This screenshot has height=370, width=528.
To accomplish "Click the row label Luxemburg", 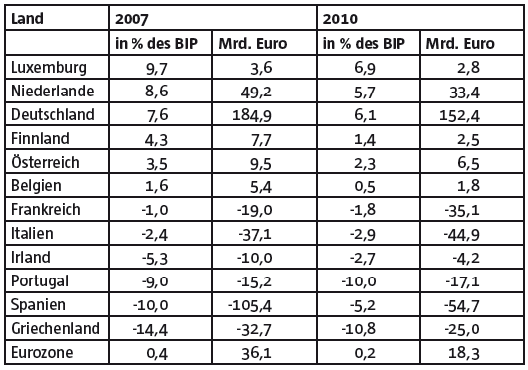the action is (49, 68).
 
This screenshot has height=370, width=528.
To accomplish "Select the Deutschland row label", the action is (53, 114).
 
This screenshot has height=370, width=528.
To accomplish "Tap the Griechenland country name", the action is (55, 329).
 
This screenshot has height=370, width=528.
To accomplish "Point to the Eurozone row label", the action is (42, 352).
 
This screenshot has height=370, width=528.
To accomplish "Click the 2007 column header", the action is (131, 19).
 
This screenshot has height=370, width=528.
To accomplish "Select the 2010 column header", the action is (340, 19).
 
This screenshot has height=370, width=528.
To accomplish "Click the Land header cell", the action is (27, 18).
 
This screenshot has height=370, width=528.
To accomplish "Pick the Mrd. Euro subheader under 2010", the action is (460, 43).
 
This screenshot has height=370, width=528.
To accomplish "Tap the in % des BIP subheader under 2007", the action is (156, 43).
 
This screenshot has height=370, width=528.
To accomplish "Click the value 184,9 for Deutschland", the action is (252, 115).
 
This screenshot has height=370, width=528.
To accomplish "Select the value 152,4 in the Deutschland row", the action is (459, 115).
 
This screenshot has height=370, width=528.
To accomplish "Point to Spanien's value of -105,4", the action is (250, 306).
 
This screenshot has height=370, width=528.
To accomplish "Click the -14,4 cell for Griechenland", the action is (150, 330).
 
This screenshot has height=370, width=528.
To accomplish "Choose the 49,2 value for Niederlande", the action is (256, 92).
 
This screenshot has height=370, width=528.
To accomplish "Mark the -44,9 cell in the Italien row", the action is (461, 235).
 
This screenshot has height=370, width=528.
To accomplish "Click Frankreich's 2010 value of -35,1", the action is (462, 211).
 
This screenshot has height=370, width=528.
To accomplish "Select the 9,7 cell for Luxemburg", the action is (157, 69).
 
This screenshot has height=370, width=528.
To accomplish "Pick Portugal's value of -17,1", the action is (462, 281).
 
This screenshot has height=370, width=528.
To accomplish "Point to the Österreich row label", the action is (45, 162).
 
